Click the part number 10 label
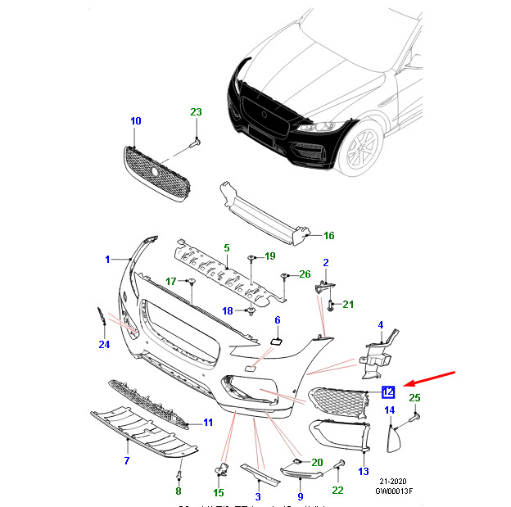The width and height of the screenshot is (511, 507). (x=136, y=121)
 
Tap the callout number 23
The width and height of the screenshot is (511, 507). (x=196, y=111)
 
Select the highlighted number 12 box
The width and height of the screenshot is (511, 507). (x=389, y=392)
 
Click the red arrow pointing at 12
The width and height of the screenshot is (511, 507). (x=431, y=378)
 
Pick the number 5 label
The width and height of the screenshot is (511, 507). (x=227, y=247)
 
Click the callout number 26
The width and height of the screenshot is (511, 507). (x=305, y=274)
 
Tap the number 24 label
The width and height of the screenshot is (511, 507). (x=104, y=344)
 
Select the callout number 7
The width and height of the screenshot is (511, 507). (x=127, y=461)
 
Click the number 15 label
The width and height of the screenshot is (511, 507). (x=219, y=492)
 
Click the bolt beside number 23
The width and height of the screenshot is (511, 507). (x=195, y=143)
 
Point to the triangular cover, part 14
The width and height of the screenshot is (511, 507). (x=393, y=439)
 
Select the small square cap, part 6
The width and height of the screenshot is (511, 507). (x=276, y=337)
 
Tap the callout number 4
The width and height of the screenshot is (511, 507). (x=380, y=325)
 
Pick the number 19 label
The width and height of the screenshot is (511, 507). (x=269, y=256)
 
